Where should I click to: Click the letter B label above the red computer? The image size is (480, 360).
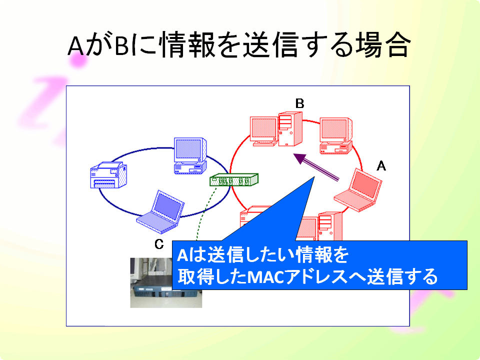click(299, 103)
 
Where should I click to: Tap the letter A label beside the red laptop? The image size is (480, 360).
click(381, 166)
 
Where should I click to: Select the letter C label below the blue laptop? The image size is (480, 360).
click(159, 244)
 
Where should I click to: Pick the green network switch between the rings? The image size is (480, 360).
click(234, 179)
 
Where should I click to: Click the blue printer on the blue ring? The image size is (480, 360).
click(108, 175)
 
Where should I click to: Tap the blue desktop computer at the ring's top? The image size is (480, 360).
click(190, 156)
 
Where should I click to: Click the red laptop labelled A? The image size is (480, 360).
click(358, 190)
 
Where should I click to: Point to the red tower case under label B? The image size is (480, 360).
click(290, 129)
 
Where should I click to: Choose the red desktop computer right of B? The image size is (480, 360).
click(336, 135)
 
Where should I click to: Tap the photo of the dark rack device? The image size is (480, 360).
click(166, 282)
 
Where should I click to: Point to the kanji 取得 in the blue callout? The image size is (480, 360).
click(196, 276)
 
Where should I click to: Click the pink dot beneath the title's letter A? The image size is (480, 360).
click(78, 61)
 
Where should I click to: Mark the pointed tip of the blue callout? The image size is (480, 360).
click(314, 176)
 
